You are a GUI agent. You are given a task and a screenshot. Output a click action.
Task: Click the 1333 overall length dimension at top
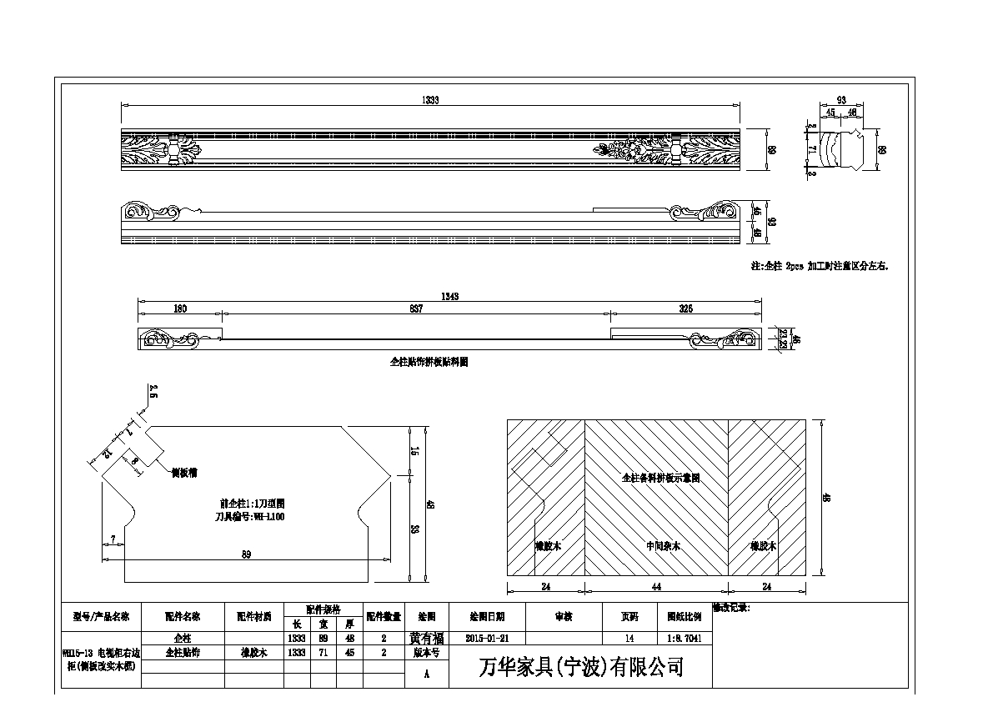pos(430,100)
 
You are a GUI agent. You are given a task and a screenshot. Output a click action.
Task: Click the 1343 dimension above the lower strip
pos(450,296)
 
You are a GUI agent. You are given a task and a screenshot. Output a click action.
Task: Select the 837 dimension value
pos(417,309)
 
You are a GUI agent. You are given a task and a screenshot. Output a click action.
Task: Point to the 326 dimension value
pos(685,309)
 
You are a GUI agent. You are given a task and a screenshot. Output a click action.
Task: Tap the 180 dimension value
pos(180,309)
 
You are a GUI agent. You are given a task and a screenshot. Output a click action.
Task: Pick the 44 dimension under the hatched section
pos(656,587)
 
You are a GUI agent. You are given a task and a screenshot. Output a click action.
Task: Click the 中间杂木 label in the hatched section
pos(664,546)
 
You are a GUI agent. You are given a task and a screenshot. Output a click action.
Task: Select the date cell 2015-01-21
pos(488,638)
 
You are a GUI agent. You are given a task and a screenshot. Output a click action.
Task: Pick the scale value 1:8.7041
pos(684,638)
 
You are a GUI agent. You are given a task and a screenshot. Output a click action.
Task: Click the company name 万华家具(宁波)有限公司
pos(581,667)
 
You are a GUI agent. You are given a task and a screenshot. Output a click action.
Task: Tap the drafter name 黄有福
pos(427,638)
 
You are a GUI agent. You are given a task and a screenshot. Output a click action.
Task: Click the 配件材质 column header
pos(254,617)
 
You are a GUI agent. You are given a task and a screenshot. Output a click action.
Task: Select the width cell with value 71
pos(323,653)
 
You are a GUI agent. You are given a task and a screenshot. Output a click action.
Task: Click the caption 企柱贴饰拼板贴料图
pos(429,364)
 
